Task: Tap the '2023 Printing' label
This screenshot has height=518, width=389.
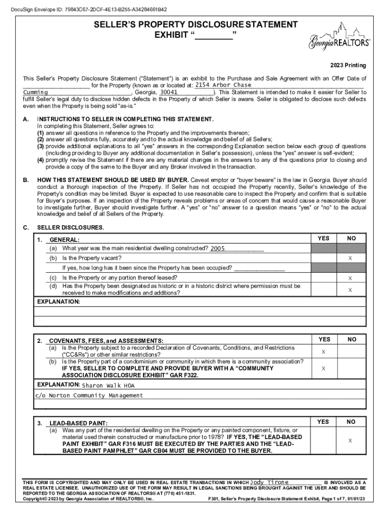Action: click(348, 65)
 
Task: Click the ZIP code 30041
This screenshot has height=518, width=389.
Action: click(169, 93)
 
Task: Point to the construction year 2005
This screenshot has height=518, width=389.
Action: click(218, 248)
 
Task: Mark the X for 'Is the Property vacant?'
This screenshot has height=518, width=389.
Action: click(350, 258)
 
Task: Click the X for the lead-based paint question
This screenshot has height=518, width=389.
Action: click(350, 441)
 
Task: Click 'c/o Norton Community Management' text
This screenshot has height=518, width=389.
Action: click(88, 395)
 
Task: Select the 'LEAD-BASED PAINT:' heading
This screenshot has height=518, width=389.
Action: click(78, 422)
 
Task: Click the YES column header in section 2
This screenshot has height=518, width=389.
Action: click(323, 339)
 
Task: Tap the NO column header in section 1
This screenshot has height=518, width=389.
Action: click(351, 238)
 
